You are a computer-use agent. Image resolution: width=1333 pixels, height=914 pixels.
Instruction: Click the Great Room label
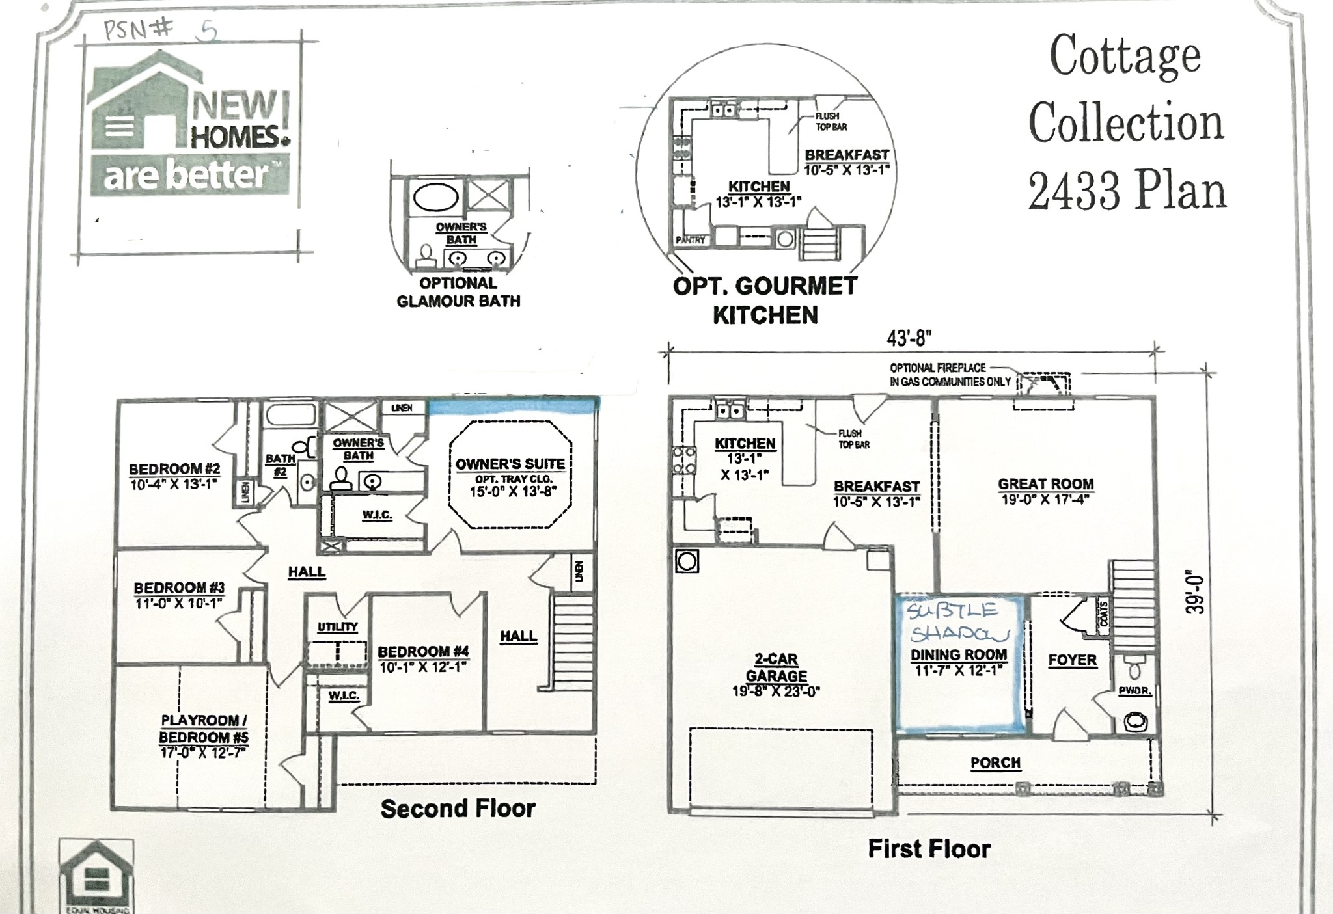point(1045,485)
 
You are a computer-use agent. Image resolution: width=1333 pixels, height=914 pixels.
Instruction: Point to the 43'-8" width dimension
point(909,338)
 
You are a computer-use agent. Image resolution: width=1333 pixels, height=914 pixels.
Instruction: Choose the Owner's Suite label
point(510,464)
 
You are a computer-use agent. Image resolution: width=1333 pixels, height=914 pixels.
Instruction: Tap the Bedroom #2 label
point(174,469)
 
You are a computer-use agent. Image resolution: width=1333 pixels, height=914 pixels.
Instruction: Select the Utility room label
point(337,626)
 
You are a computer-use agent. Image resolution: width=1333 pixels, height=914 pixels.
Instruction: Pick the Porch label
point(995,762)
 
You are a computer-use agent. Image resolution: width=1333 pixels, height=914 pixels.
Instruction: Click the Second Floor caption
point(458,809)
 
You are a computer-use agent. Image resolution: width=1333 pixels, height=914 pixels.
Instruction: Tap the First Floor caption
point(929,849)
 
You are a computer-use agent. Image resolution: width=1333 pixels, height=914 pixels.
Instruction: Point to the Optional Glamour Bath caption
point(458,292)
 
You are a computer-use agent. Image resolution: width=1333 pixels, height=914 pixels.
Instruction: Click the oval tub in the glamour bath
point(435,197)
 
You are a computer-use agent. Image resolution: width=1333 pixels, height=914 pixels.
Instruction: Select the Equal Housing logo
point(96,875)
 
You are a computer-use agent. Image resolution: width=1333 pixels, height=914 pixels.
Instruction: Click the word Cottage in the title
point(1125,57)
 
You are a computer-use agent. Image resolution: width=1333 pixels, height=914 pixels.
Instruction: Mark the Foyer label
point(1072,660)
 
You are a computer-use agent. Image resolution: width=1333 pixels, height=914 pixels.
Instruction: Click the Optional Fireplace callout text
point(950,375)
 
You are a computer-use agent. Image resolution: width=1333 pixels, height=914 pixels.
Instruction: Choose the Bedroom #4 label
point(423,652)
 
